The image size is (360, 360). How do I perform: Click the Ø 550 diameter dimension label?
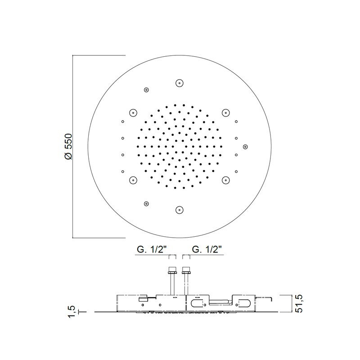point(68,147)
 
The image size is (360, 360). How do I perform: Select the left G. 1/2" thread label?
point(152,249)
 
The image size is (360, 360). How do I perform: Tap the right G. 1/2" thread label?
point(207,249)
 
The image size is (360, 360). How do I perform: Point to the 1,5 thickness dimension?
point(72,311)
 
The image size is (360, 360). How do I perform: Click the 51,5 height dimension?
point(299,303)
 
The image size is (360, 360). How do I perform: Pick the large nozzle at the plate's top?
point(179,83)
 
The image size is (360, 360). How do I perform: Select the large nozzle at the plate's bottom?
point(179,210)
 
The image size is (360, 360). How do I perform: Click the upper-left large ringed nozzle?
point(133,113)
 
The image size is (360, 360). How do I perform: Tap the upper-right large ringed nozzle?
point(226,112)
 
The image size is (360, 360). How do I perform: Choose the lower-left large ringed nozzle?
point(133,180)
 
